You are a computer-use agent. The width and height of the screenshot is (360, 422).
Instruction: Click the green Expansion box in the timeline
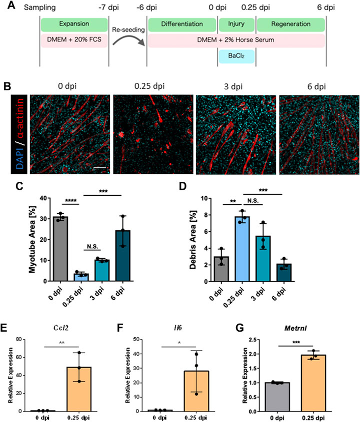(73, 24)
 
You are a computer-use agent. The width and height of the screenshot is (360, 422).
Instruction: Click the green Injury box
(236, 24)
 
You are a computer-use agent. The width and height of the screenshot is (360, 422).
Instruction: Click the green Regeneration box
(290, 24)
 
